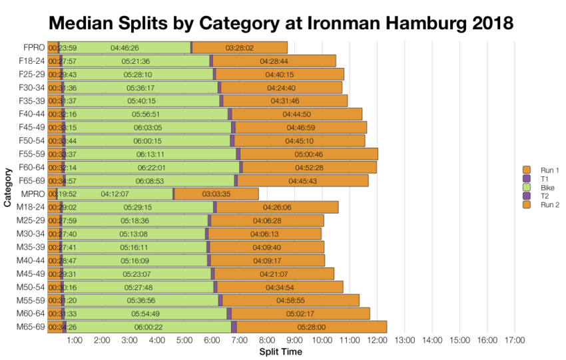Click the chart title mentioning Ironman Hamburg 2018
click(x=282, y=23)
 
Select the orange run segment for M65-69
click(x=311, y=327)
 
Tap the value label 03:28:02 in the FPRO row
click(x=239, y=48)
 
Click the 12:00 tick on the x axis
click(x=378, y=341)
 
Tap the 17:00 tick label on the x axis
click(x=515, y=341)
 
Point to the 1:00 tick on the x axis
click(x=75, y=341)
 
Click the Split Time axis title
click(x=280, y=351)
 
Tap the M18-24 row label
click(x=30, y=207)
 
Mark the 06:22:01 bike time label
click(x=151, y=167)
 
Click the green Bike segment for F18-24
click(x=136, y=61)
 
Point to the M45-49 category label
click(x=30, y=273)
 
